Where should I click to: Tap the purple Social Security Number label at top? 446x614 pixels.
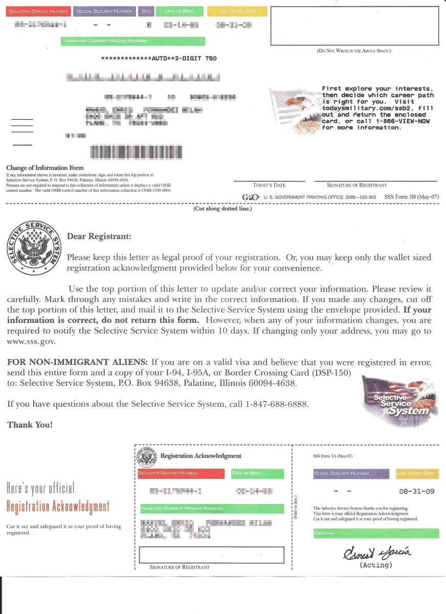105,11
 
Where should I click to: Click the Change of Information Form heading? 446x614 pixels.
45,168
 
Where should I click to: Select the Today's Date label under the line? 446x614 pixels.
269,185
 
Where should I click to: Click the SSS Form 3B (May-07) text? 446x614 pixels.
411,197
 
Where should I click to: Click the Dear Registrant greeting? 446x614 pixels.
99,236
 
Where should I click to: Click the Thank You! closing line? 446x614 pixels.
30,425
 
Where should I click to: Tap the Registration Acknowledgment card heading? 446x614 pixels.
200,455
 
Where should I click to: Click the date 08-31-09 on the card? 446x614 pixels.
416,491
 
